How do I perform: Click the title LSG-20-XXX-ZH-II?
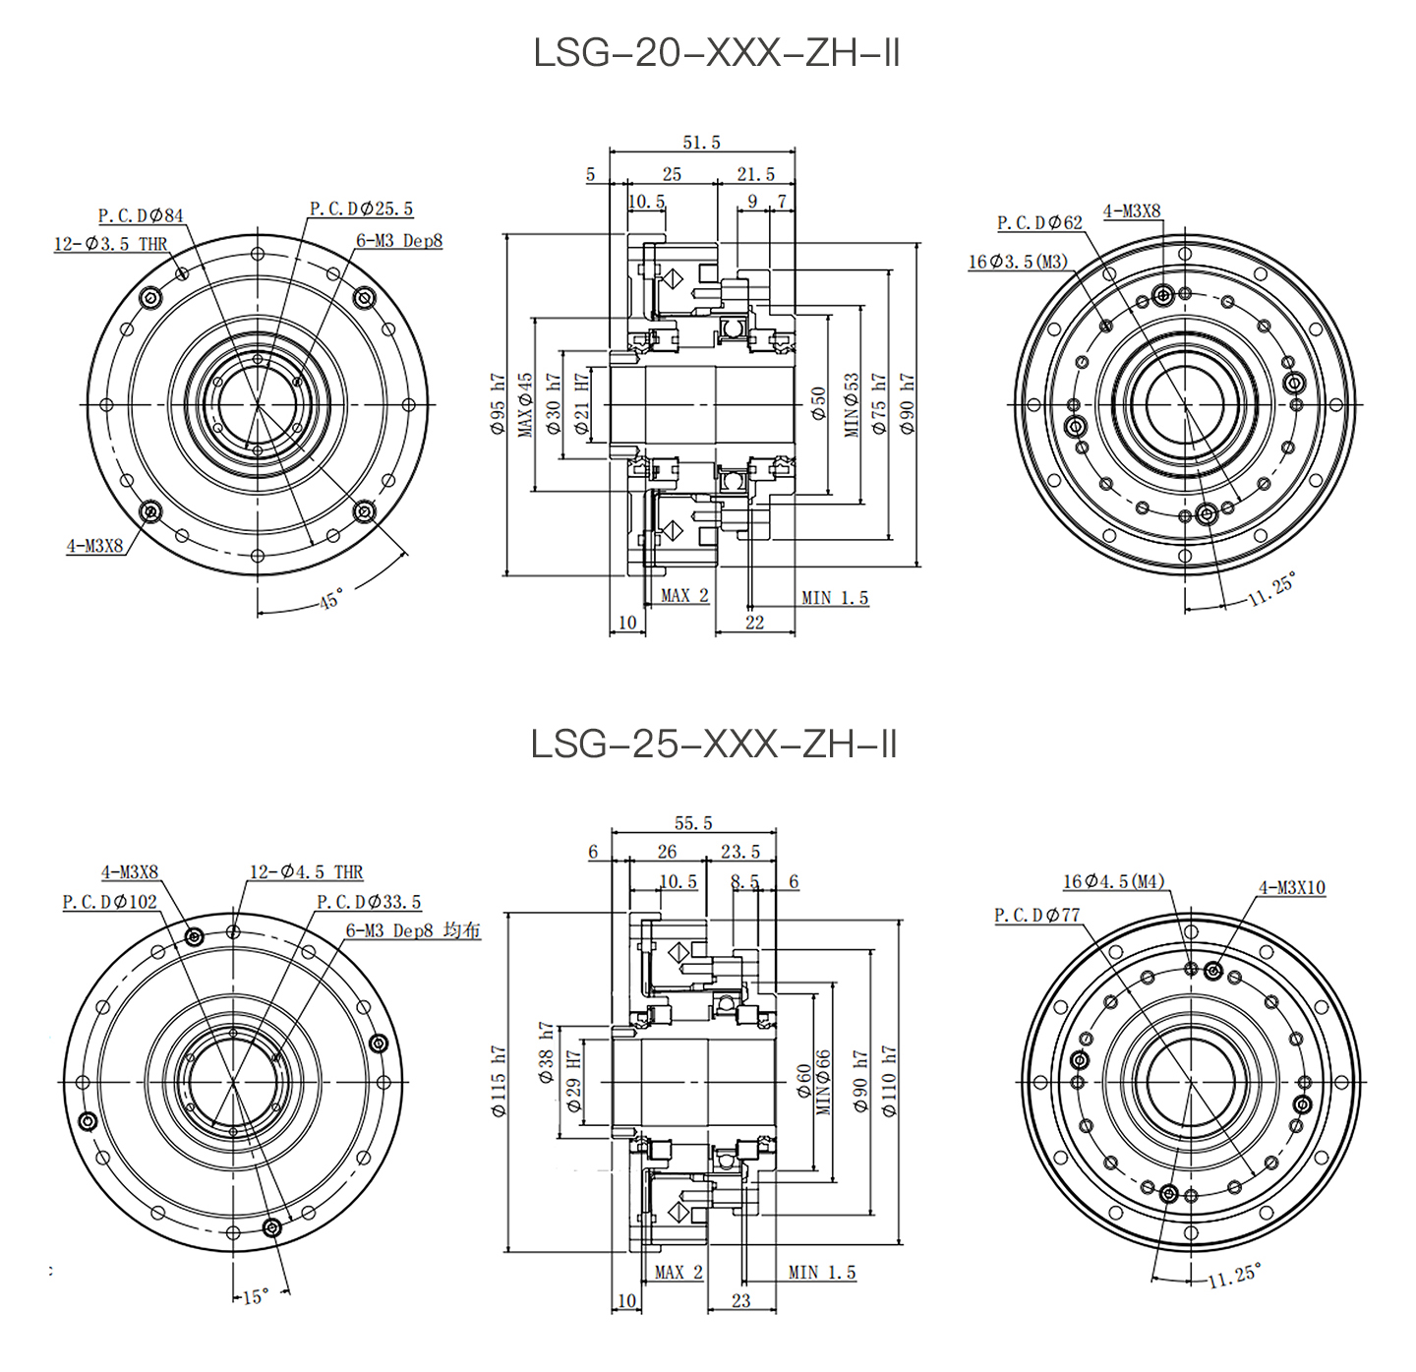716,53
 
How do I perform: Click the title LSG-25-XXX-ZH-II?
714,745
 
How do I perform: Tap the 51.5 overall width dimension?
701,143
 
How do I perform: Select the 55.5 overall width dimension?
693,823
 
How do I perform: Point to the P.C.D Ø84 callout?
141,215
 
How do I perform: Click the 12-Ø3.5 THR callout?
110,244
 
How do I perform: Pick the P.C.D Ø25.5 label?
361,209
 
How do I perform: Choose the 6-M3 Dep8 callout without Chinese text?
399,241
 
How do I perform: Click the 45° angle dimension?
331,599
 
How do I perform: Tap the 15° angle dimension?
255,1297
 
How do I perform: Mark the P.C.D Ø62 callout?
1039,223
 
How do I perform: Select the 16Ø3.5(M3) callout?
1018,262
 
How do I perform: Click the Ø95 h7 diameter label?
498,404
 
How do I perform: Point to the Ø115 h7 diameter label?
499,1082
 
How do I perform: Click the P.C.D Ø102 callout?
109,902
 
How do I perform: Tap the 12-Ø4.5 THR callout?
306,872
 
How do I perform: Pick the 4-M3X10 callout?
1292,888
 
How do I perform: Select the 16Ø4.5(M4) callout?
1114,881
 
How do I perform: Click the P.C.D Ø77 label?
1036,916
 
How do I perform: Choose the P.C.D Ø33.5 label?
368,902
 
